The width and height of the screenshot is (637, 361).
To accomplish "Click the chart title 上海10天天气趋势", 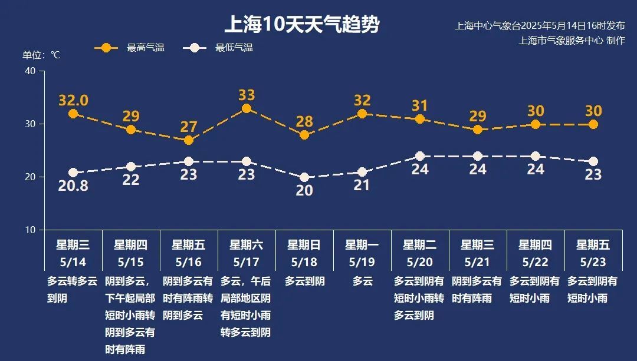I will click(x=301, y=25).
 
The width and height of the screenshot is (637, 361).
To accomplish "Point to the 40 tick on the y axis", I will click(x=30, y=71).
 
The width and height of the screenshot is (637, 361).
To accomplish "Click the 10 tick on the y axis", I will click(x=30, y=230).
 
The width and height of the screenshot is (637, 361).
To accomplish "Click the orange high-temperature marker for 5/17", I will click(x=247, y=108).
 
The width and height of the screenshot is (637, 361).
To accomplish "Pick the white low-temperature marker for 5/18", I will click(x=304, y=177).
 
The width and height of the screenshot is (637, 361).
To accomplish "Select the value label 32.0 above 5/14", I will click(x=73, y=100).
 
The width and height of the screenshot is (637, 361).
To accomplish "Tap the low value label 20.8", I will click(x=73, y=186).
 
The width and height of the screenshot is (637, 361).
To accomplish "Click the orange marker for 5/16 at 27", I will click(x=189, y=140).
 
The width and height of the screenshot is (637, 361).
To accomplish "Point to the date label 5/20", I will click(x=420, y=261).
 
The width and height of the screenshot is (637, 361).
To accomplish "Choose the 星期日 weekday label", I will click(x=304, y=245).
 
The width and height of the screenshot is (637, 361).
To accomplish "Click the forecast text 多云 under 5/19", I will click(x=362, y=281).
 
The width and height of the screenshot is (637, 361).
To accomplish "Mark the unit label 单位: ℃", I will click(x=41, y=55).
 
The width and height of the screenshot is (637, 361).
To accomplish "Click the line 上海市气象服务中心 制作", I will click(x=572, y=40).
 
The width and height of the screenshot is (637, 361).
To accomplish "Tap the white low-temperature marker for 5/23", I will click(x=593, y=161).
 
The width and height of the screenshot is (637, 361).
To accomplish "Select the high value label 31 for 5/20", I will click(x=420, y=106).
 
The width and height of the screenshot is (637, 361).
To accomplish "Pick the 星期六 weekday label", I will click(x=247, y=245).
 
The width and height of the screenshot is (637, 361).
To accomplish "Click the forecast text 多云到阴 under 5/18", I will click(x=304, y=281).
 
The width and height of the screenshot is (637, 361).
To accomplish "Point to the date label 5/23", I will click(x=593, y=261).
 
